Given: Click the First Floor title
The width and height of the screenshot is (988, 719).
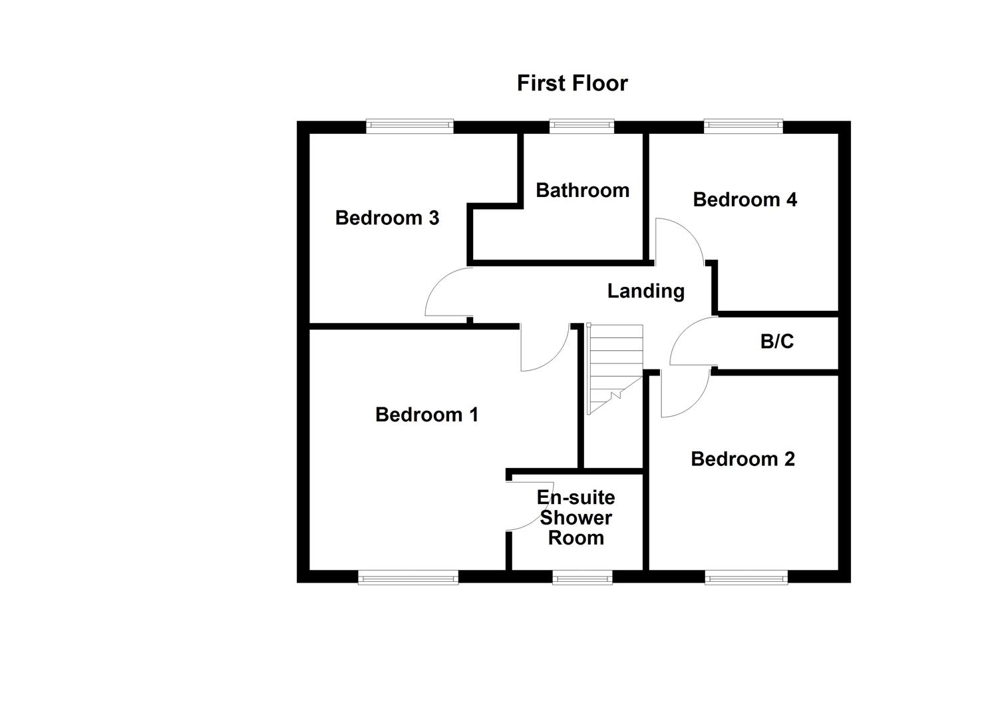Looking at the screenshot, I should [x=572, y=83].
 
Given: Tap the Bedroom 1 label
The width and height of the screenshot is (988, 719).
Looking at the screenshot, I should [x=426, y=415].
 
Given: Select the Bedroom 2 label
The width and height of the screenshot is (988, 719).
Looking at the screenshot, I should [x=742, y=459].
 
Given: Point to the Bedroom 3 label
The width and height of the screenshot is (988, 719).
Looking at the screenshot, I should [x=387, y=218].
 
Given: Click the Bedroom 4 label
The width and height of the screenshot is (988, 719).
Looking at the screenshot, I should [x=744, y=199].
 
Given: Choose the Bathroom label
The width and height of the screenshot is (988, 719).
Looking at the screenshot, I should [x=582, y=190].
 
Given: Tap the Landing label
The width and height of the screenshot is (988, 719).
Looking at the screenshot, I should [x=645, y=291].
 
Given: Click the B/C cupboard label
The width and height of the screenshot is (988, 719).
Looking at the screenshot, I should [x=776, y=342].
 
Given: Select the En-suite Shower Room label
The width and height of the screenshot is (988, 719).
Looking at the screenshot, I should [x=576, y=517].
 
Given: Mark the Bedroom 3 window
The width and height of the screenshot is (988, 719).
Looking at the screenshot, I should [x=409, y=126].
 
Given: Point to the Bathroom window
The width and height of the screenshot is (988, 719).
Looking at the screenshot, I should [x=581, y=126].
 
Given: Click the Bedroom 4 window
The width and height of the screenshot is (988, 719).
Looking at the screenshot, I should [x=743, y=126].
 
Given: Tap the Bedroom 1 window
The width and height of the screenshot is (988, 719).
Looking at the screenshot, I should [x=408, y=577].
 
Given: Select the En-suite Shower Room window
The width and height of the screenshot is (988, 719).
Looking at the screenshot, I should [x=581, y=577].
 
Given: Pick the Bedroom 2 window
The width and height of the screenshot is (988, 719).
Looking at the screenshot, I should [x=746, y=577].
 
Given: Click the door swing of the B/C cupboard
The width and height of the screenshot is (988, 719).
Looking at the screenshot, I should [x=692, y=341].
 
